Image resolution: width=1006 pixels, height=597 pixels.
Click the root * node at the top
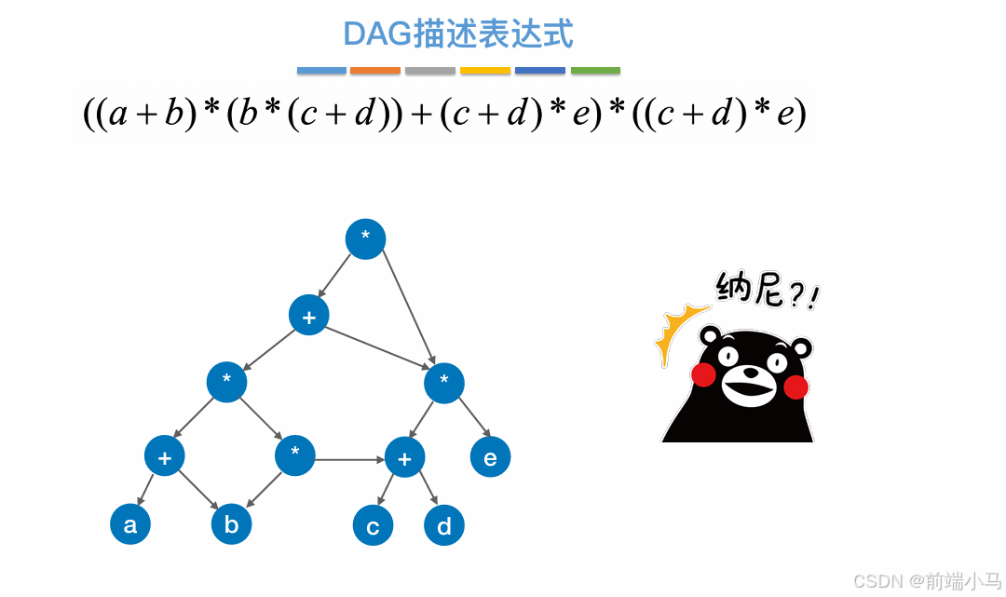tap(365, 238)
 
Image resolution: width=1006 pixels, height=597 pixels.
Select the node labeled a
tap(130, 524)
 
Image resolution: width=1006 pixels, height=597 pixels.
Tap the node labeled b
tap(231, 524)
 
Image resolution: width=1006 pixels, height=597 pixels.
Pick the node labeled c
tap(373, 527)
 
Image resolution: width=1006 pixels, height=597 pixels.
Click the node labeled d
tap(444, 527)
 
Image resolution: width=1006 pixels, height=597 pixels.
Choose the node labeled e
tap(490, 457)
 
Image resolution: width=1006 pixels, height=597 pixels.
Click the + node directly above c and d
tap(404, 457)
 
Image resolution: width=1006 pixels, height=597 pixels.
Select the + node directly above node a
tap(165, 456)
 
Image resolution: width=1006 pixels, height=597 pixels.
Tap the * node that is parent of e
tap(444, 382)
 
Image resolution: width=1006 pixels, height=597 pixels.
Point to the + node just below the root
tap(309, 316)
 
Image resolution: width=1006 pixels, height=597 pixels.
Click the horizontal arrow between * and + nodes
tap(349, 458)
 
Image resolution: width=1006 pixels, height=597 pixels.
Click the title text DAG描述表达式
tap(457, 34)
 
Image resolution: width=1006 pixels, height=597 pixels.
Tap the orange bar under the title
tap(374, 71)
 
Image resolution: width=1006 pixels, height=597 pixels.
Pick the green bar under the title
tap(595, 71)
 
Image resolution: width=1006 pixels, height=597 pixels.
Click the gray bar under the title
tap(430, 71)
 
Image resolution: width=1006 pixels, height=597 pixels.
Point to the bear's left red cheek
tap(703, 375)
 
